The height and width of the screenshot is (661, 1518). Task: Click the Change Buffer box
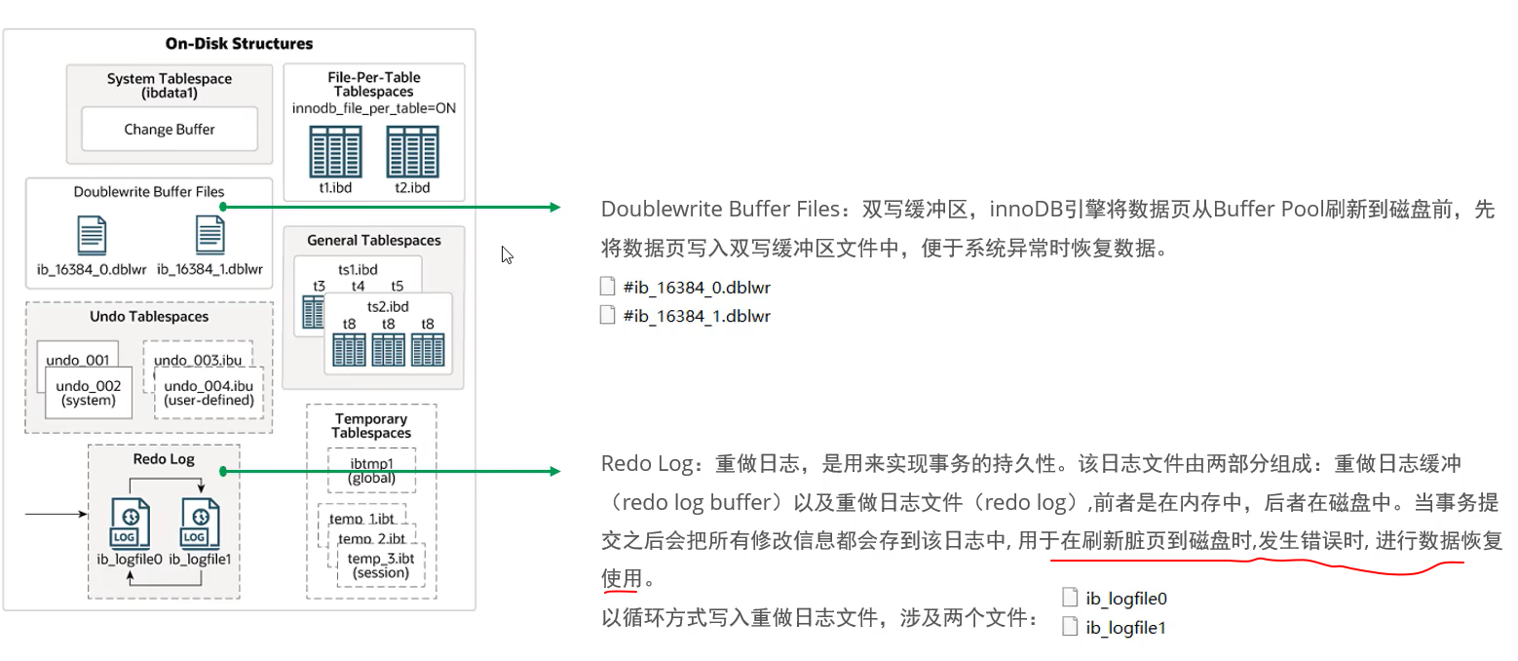pos(169,129)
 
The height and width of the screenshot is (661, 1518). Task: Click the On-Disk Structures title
pos(239,44)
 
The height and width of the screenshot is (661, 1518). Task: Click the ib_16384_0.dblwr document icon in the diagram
pos(92,236)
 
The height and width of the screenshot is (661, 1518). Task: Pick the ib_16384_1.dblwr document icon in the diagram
pos(209,236)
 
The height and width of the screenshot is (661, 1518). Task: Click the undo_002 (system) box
pos(88,393)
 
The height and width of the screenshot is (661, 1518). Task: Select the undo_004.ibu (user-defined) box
pos(209,393)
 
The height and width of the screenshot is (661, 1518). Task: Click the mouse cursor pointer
pos(507,254)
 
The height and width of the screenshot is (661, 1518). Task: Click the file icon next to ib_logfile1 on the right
pos(1070,627)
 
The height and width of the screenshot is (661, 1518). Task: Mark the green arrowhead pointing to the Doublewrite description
pos(554,207)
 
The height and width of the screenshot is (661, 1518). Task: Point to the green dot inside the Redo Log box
pos(223,472)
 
